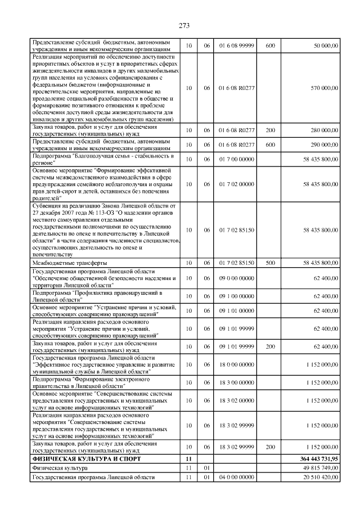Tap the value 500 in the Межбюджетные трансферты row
click(270, 263)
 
